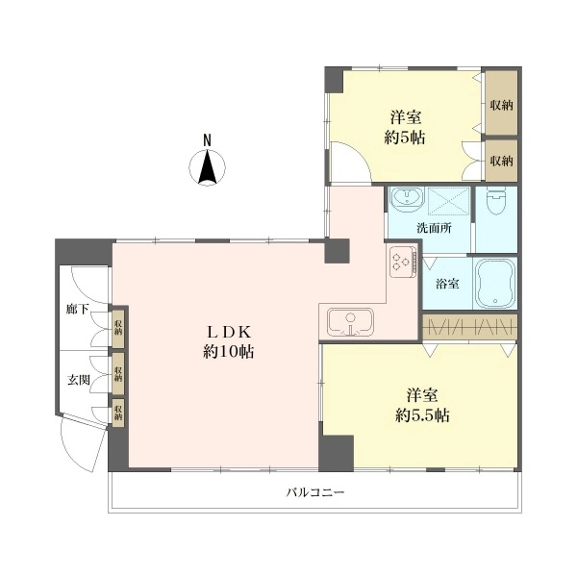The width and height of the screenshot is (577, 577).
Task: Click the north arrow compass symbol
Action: click(x=207, y=167)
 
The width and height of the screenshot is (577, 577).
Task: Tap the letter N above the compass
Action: click(x=208, y=140)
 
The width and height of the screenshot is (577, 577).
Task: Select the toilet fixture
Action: click(x=496, y=201)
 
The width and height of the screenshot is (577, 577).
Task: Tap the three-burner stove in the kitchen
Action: click(x=403, y=262)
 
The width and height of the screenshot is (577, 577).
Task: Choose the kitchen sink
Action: click(x=350, y=322)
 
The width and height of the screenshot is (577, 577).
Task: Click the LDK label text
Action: click(x=229, y=333)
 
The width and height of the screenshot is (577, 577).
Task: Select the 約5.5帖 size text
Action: click(x=422, y=415)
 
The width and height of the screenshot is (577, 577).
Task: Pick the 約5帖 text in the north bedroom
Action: click(x=405, y=138)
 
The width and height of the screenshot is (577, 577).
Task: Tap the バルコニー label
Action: click(x=315, y=492)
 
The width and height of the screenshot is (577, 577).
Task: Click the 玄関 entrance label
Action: click(x=79, y=380)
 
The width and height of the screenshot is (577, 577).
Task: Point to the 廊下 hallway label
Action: click(x=78, y=309)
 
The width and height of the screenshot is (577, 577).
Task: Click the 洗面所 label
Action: click(x=435, y=228)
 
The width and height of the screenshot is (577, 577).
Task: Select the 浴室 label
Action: click(x=447, y=284)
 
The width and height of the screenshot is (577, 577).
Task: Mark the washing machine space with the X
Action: click(x=448, y=200)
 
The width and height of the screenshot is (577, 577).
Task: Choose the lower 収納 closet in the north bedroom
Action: click(x=501, y=161)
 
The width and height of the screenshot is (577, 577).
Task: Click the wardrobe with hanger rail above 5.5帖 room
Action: click(x=470, y=327)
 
